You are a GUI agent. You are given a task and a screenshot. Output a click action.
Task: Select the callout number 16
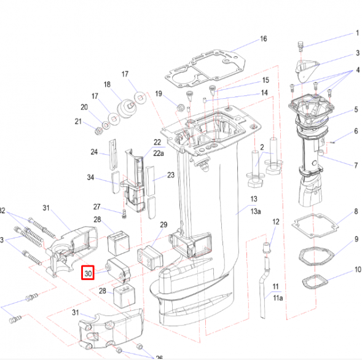[x=263, y=39]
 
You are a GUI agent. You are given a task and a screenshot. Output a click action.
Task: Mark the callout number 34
[x=90, y=178]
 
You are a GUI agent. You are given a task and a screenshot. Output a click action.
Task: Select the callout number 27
[x=96, y=206]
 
